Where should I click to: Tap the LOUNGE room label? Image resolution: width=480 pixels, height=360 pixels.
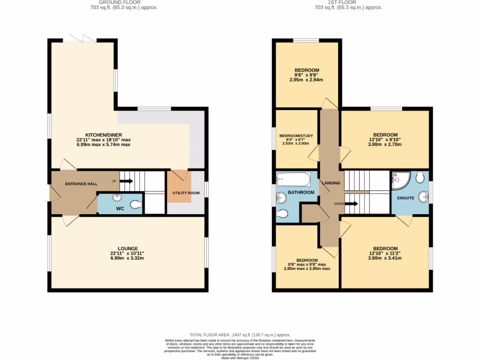click(127, 248)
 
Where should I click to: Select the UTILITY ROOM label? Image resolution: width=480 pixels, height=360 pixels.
click(186, 193)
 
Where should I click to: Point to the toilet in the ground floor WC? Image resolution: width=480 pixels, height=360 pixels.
click(135, 204)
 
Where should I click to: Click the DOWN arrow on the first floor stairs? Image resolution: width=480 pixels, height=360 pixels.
click(352, 203)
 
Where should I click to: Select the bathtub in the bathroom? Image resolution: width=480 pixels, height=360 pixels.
click(293, 180)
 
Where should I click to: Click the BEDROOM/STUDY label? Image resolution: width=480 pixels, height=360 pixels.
click(296, 136)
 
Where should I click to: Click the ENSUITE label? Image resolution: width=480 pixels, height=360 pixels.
click(405, 198)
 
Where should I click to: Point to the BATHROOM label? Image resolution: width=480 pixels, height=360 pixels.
click(300, 192)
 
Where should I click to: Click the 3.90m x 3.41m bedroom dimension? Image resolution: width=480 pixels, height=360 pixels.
click(385, 258)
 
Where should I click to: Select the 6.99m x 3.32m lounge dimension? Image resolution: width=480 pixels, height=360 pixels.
click(127, 258)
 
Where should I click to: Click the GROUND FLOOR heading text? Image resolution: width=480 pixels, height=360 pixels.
click(124, 2)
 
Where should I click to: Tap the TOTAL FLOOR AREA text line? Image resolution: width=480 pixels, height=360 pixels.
click(240, 335)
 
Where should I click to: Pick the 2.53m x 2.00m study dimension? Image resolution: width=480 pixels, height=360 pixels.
click(296, 144)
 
